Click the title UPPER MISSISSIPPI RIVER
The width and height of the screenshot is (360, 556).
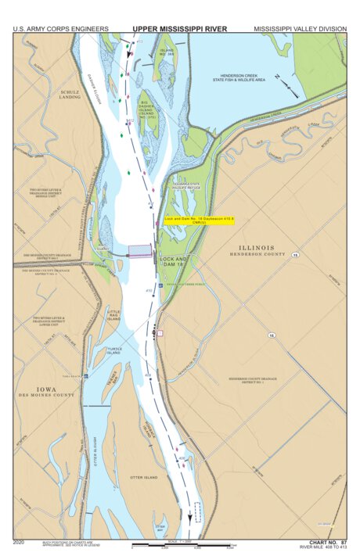click(x=179, y=28)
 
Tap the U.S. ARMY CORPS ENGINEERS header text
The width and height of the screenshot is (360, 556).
click(x=60, y=28)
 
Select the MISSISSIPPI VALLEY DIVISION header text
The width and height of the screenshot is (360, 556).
click(x=300, y=28)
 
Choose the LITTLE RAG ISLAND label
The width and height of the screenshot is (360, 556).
click(x=114, y=315)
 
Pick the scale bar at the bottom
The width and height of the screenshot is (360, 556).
click(x=184, y=544)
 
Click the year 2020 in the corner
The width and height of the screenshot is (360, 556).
click(x=19, y=541)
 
